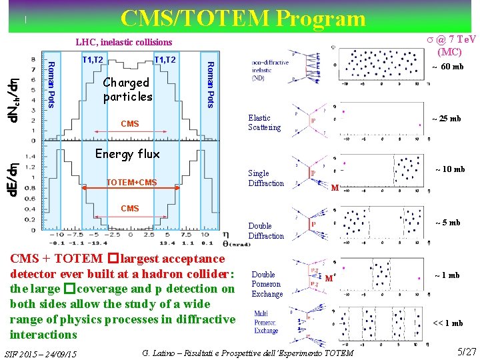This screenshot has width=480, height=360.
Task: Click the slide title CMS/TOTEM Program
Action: coord(243,18)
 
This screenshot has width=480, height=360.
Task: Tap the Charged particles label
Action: coord(127,89)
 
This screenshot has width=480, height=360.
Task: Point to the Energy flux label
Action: coord(127,154)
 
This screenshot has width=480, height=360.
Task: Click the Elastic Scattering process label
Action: coord(265,123)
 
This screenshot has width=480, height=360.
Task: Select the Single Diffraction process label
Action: coord(266,179)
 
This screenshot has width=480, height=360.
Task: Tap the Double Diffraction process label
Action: coord(266,231)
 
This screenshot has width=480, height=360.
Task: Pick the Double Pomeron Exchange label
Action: coord(267,284)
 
